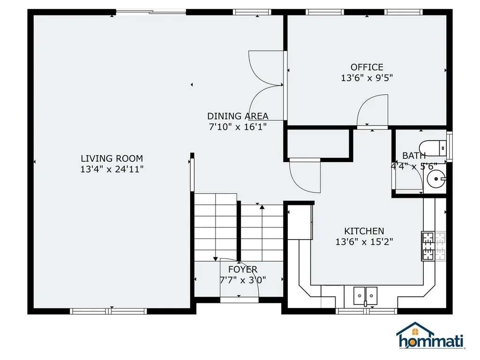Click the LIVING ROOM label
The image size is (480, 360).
(112, 158)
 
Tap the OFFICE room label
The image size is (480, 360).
(367, 67)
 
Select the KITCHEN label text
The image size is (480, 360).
(364, 231)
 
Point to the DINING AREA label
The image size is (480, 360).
(238, 116)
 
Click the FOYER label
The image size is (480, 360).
(243, 270)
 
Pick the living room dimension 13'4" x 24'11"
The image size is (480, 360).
(112, 169)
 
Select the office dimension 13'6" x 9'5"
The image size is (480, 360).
(367, 78)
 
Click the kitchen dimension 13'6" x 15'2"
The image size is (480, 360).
(364, 242)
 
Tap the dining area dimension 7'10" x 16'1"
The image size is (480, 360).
(238, 127)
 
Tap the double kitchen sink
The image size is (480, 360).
(365, 296)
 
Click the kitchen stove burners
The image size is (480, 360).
(428, 246)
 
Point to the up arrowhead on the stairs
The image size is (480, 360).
(262, 207)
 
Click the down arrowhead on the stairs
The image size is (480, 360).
(216, 259)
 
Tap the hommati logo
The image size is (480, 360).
(431, 336)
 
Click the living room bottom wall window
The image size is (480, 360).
(108, 311)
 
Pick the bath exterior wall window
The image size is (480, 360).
(450, 147)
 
